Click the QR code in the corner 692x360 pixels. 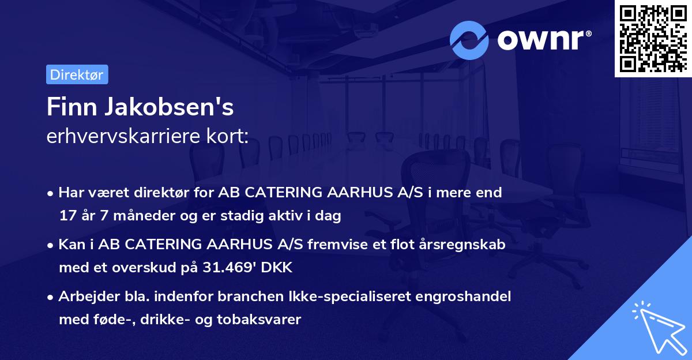point(653,39)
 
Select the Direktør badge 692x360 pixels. point(76,74)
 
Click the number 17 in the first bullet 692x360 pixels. point(66,217)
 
